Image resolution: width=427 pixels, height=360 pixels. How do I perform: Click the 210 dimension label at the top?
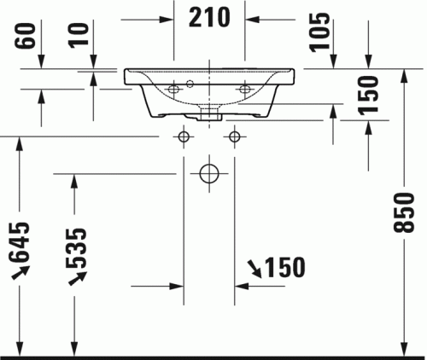tap(210, 17)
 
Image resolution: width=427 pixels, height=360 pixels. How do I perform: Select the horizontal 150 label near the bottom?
tap(284, 268)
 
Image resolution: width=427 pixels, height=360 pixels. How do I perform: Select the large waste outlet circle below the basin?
tap(209, 174)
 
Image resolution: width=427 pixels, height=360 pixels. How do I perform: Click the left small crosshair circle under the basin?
tap(184, 136)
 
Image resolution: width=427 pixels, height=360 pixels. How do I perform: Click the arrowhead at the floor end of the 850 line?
tap(402, 345)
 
